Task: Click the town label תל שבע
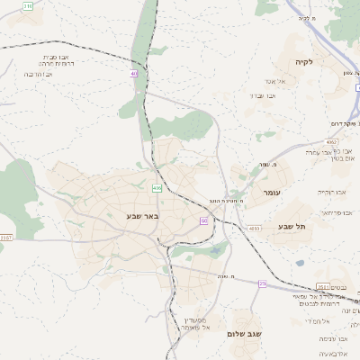click(x=293, y=227)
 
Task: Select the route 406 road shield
click(x=157, y=188)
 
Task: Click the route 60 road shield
click(x=204, y=220)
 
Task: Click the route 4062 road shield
click(x=333, y=141)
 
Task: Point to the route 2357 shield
click(x=6, y=238)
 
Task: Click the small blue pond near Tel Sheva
click(x=300, y=263)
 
